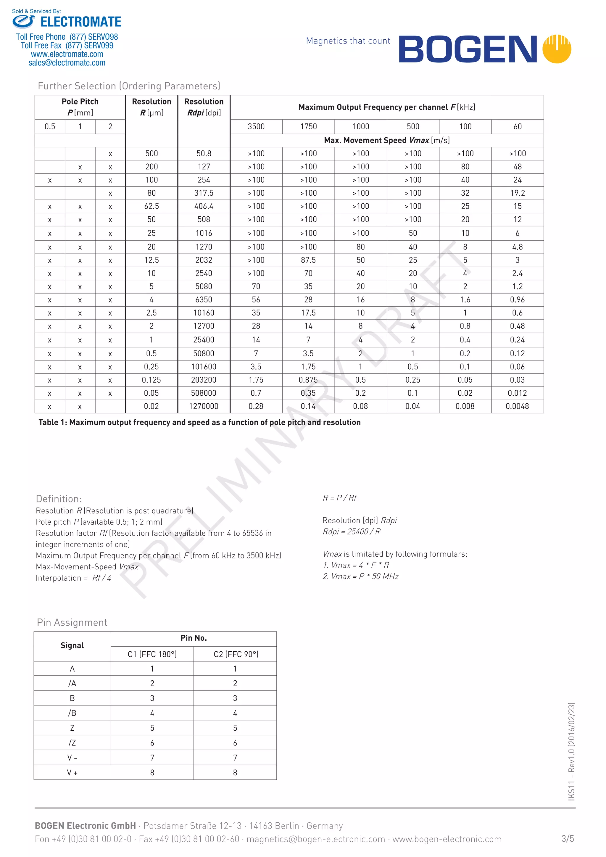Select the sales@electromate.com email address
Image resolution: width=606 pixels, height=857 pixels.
coord(67,63)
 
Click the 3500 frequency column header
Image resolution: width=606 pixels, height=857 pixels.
coord(256,127)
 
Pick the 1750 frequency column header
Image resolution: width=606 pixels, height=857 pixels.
coord(308,127)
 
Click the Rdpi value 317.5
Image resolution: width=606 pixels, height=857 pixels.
coord(204,193)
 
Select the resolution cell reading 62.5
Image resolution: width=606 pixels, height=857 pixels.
coord(151,206)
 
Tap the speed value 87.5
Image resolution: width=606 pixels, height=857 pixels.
coord(308,260)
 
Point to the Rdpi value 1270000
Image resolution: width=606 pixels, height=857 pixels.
coord(204,406)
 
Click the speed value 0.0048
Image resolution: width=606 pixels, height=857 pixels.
coord(517,406)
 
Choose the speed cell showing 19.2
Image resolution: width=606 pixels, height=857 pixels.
coord(517,193)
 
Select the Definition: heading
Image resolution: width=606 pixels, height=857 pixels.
coord(59,499)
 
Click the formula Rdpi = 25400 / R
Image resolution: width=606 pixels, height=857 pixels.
coord(352,531)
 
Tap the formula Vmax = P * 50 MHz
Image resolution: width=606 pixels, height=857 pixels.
coord(360,576)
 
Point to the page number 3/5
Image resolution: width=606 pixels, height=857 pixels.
coord(567,839)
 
